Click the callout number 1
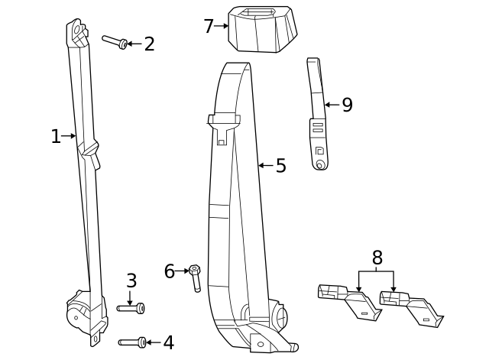coord(55,137)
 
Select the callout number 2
coord(149,44)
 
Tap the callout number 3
coord(131,281)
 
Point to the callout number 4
coord(168,343)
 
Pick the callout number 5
coord(280,166)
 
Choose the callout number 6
coord(170,271)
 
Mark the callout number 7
coord(209,27)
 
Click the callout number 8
coord(377,258)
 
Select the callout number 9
coord(347,105)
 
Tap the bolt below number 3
coord(131,308)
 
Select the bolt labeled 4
coord(132,342)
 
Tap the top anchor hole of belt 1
coord(78,31)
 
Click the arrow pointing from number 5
coord(265,165)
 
